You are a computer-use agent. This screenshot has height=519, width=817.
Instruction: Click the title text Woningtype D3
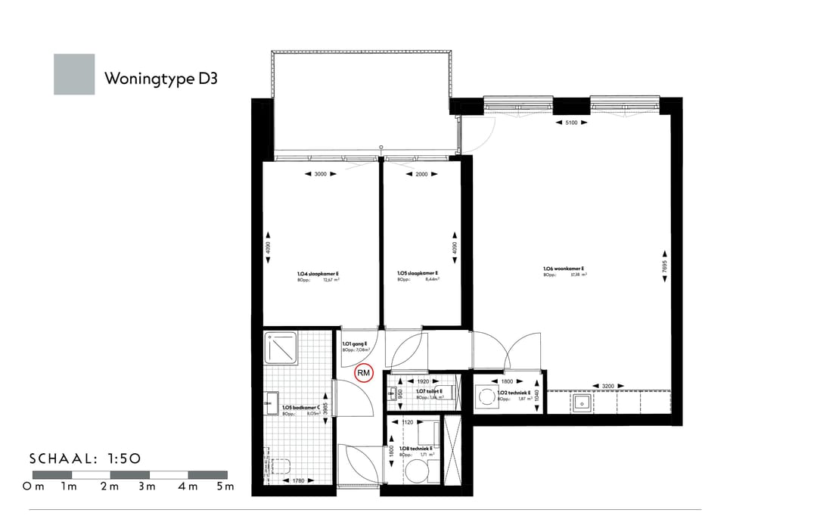[161, 78]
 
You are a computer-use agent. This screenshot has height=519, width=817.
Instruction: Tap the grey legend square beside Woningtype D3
[74, 74]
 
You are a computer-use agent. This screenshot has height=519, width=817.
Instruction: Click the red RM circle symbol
[364, 372]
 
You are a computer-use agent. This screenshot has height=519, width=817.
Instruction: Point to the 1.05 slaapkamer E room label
[418, 274]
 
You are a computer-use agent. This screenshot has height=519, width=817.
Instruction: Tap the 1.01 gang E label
[355, 344]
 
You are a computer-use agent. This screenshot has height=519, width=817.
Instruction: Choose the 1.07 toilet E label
[429, 391]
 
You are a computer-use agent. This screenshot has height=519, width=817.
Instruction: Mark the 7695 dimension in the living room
[665, 267]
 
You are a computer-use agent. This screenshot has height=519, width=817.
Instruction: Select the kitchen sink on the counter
[582, 402]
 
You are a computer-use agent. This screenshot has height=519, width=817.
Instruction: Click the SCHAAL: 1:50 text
[85, 458]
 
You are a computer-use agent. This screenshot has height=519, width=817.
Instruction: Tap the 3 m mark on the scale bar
[147, 486]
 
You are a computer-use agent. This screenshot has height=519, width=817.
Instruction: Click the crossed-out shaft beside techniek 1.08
[456, 450]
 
